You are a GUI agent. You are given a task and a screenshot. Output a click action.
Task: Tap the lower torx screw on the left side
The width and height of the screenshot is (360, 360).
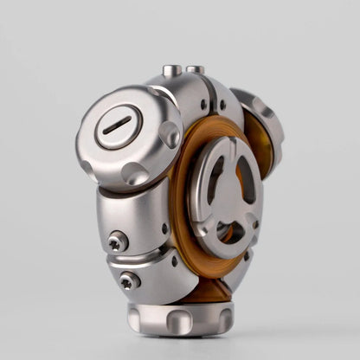pyautogui.click(x=129, y=280)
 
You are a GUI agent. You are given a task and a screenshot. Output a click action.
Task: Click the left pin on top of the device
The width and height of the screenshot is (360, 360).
pyautogui.click(x=172, y=71)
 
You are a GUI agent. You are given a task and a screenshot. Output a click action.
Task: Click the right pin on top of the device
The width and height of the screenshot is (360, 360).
pyautogui.click(x=196, y=70)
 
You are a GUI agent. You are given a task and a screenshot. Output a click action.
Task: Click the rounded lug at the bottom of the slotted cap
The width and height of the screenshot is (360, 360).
pyautogui.click(x=134, y=173)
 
